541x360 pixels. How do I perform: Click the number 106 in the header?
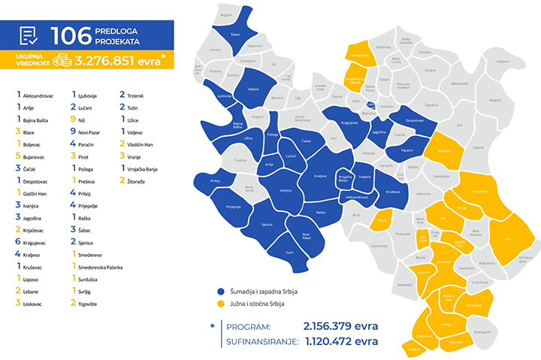pyautogui.click(x=71, y=35)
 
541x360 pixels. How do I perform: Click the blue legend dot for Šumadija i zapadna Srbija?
pyautogui.click(x=220, y=290)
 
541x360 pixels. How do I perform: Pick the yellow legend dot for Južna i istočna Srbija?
pyautogui.click(x=220, y=304)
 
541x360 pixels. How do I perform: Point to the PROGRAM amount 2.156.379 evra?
pyautogui.click(x=340, y=327)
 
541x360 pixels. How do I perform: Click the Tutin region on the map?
pyautogui.click(x=289, y=253)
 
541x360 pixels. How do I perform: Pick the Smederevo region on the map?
pyautogui.click(x=359, y=54)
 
